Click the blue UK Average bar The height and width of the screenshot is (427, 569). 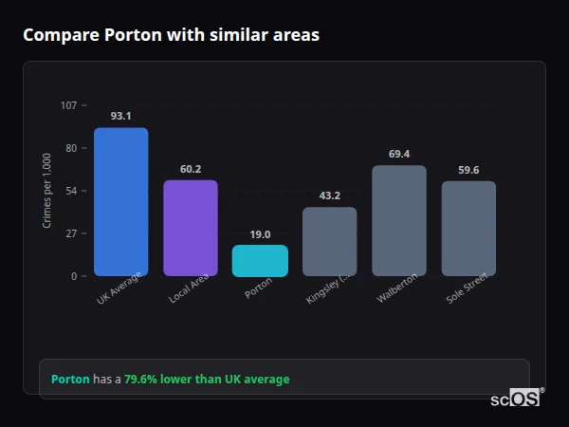click(x=120, y=202)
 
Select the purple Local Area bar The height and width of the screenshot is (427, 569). click(x=191, y=228)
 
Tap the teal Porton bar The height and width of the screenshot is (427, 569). click(x=260, y=261)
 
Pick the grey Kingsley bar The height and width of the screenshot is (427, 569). click(x=329, y=242)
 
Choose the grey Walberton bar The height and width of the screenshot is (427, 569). click(x=399, y=221)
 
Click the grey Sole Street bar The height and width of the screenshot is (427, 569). click(x=468, y=229)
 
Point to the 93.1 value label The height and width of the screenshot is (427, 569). click(x=120, y=116)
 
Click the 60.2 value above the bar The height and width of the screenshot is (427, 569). click(x=191, y=169)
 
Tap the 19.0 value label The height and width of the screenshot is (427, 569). click(x=260, y=234)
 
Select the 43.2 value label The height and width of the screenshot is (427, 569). click(x=329, y=195)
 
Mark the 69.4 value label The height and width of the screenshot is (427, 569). click(x=399, y=154)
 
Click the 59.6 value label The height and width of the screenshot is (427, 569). click(x=468, y=170)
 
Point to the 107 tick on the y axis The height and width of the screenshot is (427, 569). click(x=68, y=105)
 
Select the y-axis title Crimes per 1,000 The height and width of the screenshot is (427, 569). click(x=47, y=191)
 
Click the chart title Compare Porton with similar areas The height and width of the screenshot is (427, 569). click(x=171, y=35)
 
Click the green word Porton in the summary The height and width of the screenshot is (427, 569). click(x=70, y=380)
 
